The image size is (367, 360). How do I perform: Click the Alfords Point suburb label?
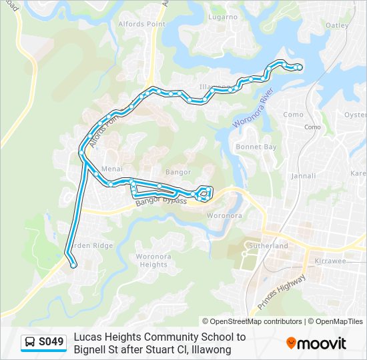(x=141, y=24)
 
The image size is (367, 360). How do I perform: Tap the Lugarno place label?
(x=223, y=17)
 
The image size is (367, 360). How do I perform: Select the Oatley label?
(x=337, y=25)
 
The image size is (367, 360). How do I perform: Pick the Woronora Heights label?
(x=151, y=260)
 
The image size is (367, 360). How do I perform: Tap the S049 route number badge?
(x=51, y=343)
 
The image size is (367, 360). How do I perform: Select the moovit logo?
(x=316, y=343)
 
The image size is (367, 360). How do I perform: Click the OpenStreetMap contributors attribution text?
(x=256, y=321)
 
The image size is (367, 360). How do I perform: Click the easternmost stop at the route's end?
(x=298, y=67)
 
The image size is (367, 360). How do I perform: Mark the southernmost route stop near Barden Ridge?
(x=73, y=265)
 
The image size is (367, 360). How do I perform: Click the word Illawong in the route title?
(x=213, y=349)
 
